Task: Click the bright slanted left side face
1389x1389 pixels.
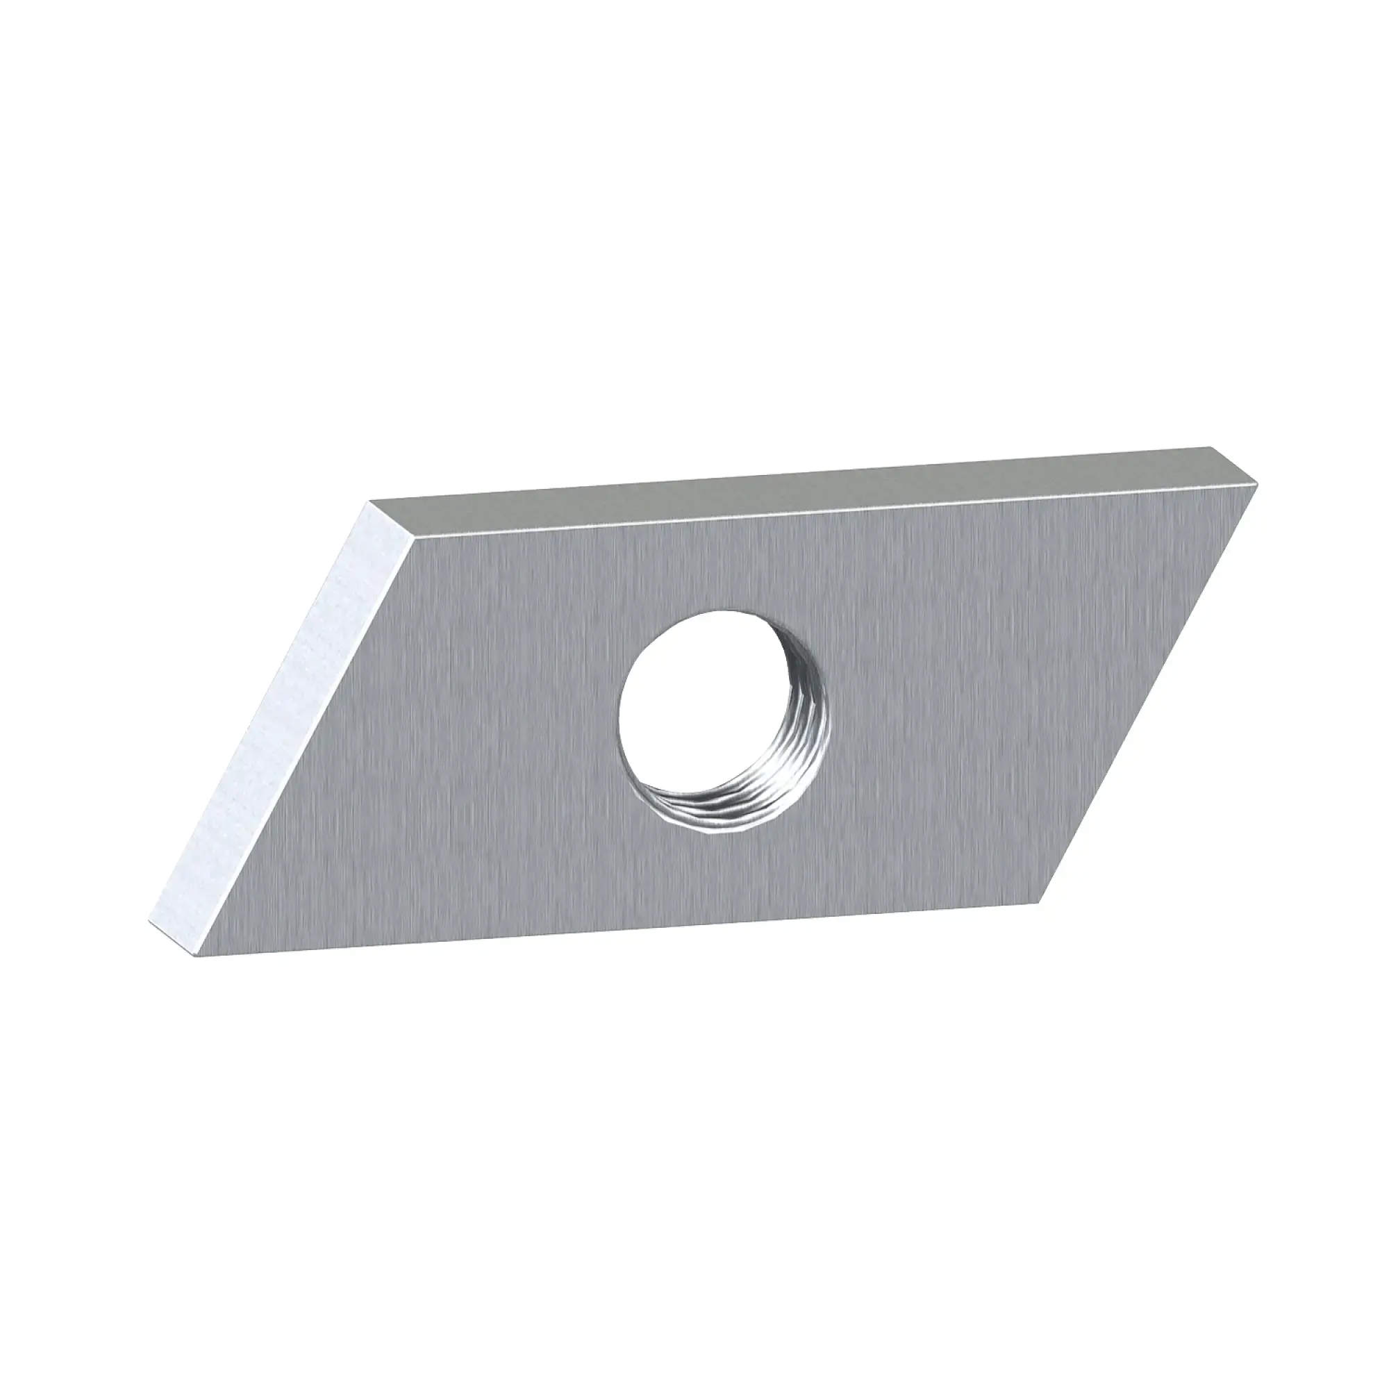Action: [288, 726]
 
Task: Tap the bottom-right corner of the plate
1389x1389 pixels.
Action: [1039, 903]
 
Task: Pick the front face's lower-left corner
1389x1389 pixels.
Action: [196, 957]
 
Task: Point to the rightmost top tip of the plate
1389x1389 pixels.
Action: [1258, 484]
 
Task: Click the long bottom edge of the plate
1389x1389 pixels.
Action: [618, 931]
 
